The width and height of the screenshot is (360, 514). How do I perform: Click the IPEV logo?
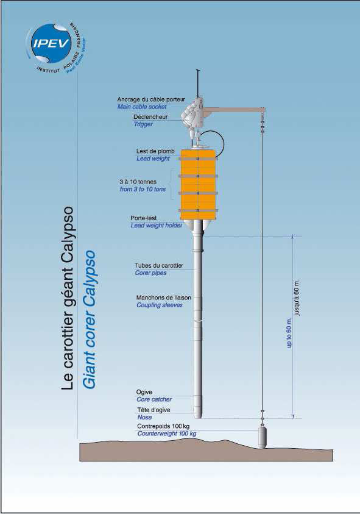(56, 48)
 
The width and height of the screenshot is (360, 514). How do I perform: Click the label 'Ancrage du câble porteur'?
(151, 99)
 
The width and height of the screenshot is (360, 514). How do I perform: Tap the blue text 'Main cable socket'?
(142, 107)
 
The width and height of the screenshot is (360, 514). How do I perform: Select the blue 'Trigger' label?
(143, 124)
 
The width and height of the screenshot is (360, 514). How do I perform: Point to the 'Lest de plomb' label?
(155, 151)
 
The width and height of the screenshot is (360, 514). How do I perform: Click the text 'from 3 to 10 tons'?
(143, 189)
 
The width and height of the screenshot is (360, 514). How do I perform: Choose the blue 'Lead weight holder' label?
(157, 226)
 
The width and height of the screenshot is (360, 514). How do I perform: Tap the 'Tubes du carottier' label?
(159, 265)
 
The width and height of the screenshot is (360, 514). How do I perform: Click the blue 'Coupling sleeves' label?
(160, 305)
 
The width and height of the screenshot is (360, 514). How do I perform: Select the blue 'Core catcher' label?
(154, 399)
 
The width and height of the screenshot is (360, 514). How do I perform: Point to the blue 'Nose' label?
(144, 417)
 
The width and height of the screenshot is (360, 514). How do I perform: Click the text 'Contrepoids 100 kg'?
(163, 426)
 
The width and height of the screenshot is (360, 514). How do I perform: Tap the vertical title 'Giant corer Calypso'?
(89, 320)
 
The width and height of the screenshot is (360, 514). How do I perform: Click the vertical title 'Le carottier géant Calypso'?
(68, 298)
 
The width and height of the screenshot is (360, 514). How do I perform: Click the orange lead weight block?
(198, 185)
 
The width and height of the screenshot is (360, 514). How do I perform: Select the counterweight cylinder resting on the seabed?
(262, 437)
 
